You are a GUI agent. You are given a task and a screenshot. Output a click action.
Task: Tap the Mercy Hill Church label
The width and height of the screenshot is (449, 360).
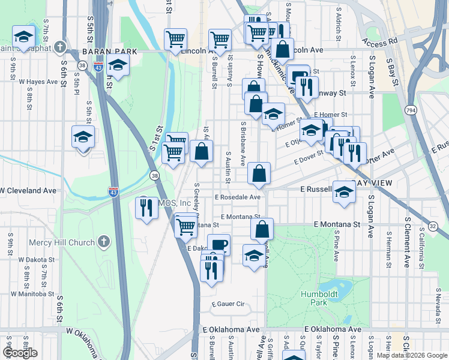click(x=62, y=242)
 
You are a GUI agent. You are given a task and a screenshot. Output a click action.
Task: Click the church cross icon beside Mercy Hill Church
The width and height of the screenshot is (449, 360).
click(x=104, y=242)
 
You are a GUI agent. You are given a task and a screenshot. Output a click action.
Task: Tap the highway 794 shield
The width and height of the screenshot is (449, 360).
click(x=411, y=110)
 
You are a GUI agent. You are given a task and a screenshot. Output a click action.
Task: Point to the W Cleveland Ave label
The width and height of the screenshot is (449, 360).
click(x=28, y=191)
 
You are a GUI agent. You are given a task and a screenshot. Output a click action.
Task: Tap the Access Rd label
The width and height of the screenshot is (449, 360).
click(x=379, y=42)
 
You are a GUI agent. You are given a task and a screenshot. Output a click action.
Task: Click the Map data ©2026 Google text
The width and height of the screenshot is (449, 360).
click(x=411, y=355)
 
